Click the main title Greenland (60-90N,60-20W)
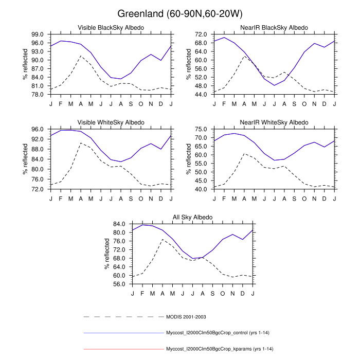coord(180,13)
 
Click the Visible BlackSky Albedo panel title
coord(111,27)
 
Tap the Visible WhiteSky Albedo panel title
coord(111,122)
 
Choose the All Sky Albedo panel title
coord(192,218)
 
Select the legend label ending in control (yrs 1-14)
coord(215,333)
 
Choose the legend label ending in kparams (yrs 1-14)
coord(215,349)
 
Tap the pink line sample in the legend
coord(123,349)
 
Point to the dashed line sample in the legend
coord(123,316)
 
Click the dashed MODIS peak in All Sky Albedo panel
coord(163,240)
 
